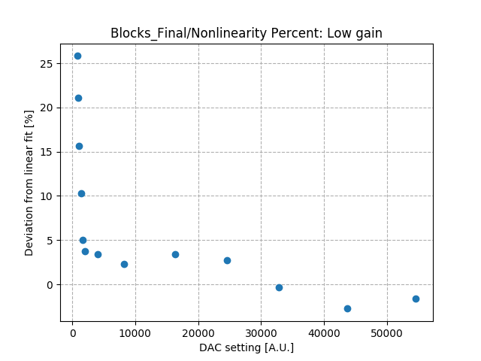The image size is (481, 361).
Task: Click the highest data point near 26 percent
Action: pos(77,56)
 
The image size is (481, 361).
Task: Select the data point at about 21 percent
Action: pos(78,98)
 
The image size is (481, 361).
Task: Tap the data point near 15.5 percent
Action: pos(79,146)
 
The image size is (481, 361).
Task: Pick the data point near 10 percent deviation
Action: pos(81,193)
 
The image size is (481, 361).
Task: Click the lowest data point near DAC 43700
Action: pos(347,308)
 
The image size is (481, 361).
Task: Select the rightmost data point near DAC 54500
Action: pos(416,299)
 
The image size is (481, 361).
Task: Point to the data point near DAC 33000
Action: pos(279,287)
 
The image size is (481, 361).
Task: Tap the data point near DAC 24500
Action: pos(227,260)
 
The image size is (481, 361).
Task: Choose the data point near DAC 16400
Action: pos(175,254)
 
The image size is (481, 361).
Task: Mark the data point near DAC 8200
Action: pos(124,264)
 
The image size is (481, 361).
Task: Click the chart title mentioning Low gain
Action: pos(246,33)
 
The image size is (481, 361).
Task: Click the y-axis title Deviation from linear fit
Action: pos(29,183)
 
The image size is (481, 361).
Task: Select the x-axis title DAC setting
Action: pos(246,347)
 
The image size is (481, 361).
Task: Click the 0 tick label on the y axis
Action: pos(52,285)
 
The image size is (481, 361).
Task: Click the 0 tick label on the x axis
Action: pos(72,332)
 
